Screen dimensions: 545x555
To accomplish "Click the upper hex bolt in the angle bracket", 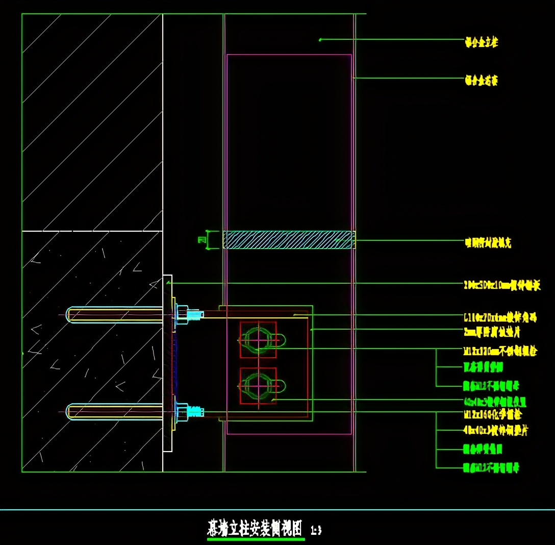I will [x=258, y=339].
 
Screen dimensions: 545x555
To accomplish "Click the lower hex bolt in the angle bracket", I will [x=258, y=385].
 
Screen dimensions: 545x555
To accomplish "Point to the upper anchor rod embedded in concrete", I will [x=115, y=314].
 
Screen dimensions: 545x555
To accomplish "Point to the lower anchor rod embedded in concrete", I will [x=115, y=411].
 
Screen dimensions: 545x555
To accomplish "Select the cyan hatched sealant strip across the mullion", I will [x=289, y=240].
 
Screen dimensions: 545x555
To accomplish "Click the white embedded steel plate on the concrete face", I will [x=167, y=363].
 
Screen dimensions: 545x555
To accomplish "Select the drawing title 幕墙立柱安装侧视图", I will [x=255, y=528].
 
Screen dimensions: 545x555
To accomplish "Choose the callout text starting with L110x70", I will [x=500, y=317].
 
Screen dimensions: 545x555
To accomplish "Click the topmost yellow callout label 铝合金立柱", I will [x=481, y=42].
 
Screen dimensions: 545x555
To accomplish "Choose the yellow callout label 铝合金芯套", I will [x=481, y=81].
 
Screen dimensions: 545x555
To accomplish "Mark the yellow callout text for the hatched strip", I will [x=487, y=243].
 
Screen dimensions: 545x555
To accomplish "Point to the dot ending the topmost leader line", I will [x=320, y=39].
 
